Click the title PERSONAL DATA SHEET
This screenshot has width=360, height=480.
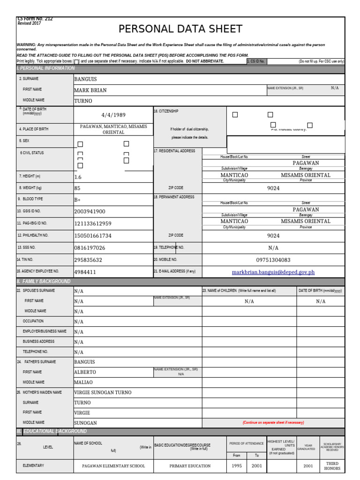pos(180,29)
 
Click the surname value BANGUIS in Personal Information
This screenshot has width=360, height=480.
pos(85,79)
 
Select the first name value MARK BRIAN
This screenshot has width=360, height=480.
pos(90,90)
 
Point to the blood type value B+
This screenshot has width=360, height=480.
pos(77,199)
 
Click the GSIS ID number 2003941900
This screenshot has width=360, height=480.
pos(90,211)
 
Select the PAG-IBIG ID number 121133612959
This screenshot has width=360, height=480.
pos(93,224)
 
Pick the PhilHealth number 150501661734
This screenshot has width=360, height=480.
pos(93,236)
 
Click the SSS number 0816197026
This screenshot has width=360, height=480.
pos(90,247)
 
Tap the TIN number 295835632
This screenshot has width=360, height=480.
pos(88,260)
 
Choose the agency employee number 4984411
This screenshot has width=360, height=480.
pos(85,272)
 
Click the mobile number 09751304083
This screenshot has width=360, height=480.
pos(273,260)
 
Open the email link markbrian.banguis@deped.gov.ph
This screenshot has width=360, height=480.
pos(273,272)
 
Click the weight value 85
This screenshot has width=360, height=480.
pos(77,188)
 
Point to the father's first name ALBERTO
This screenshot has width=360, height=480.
pos(85,372)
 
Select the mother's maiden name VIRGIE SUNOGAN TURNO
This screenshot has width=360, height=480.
pos(103,392)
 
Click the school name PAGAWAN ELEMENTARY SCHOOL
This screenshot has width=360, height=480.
pos(113,466)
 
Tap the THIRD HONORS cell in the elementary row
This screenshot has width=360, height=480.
pos(332,466)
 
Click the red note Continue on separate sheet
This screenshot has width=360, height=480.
pos(273,422)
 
